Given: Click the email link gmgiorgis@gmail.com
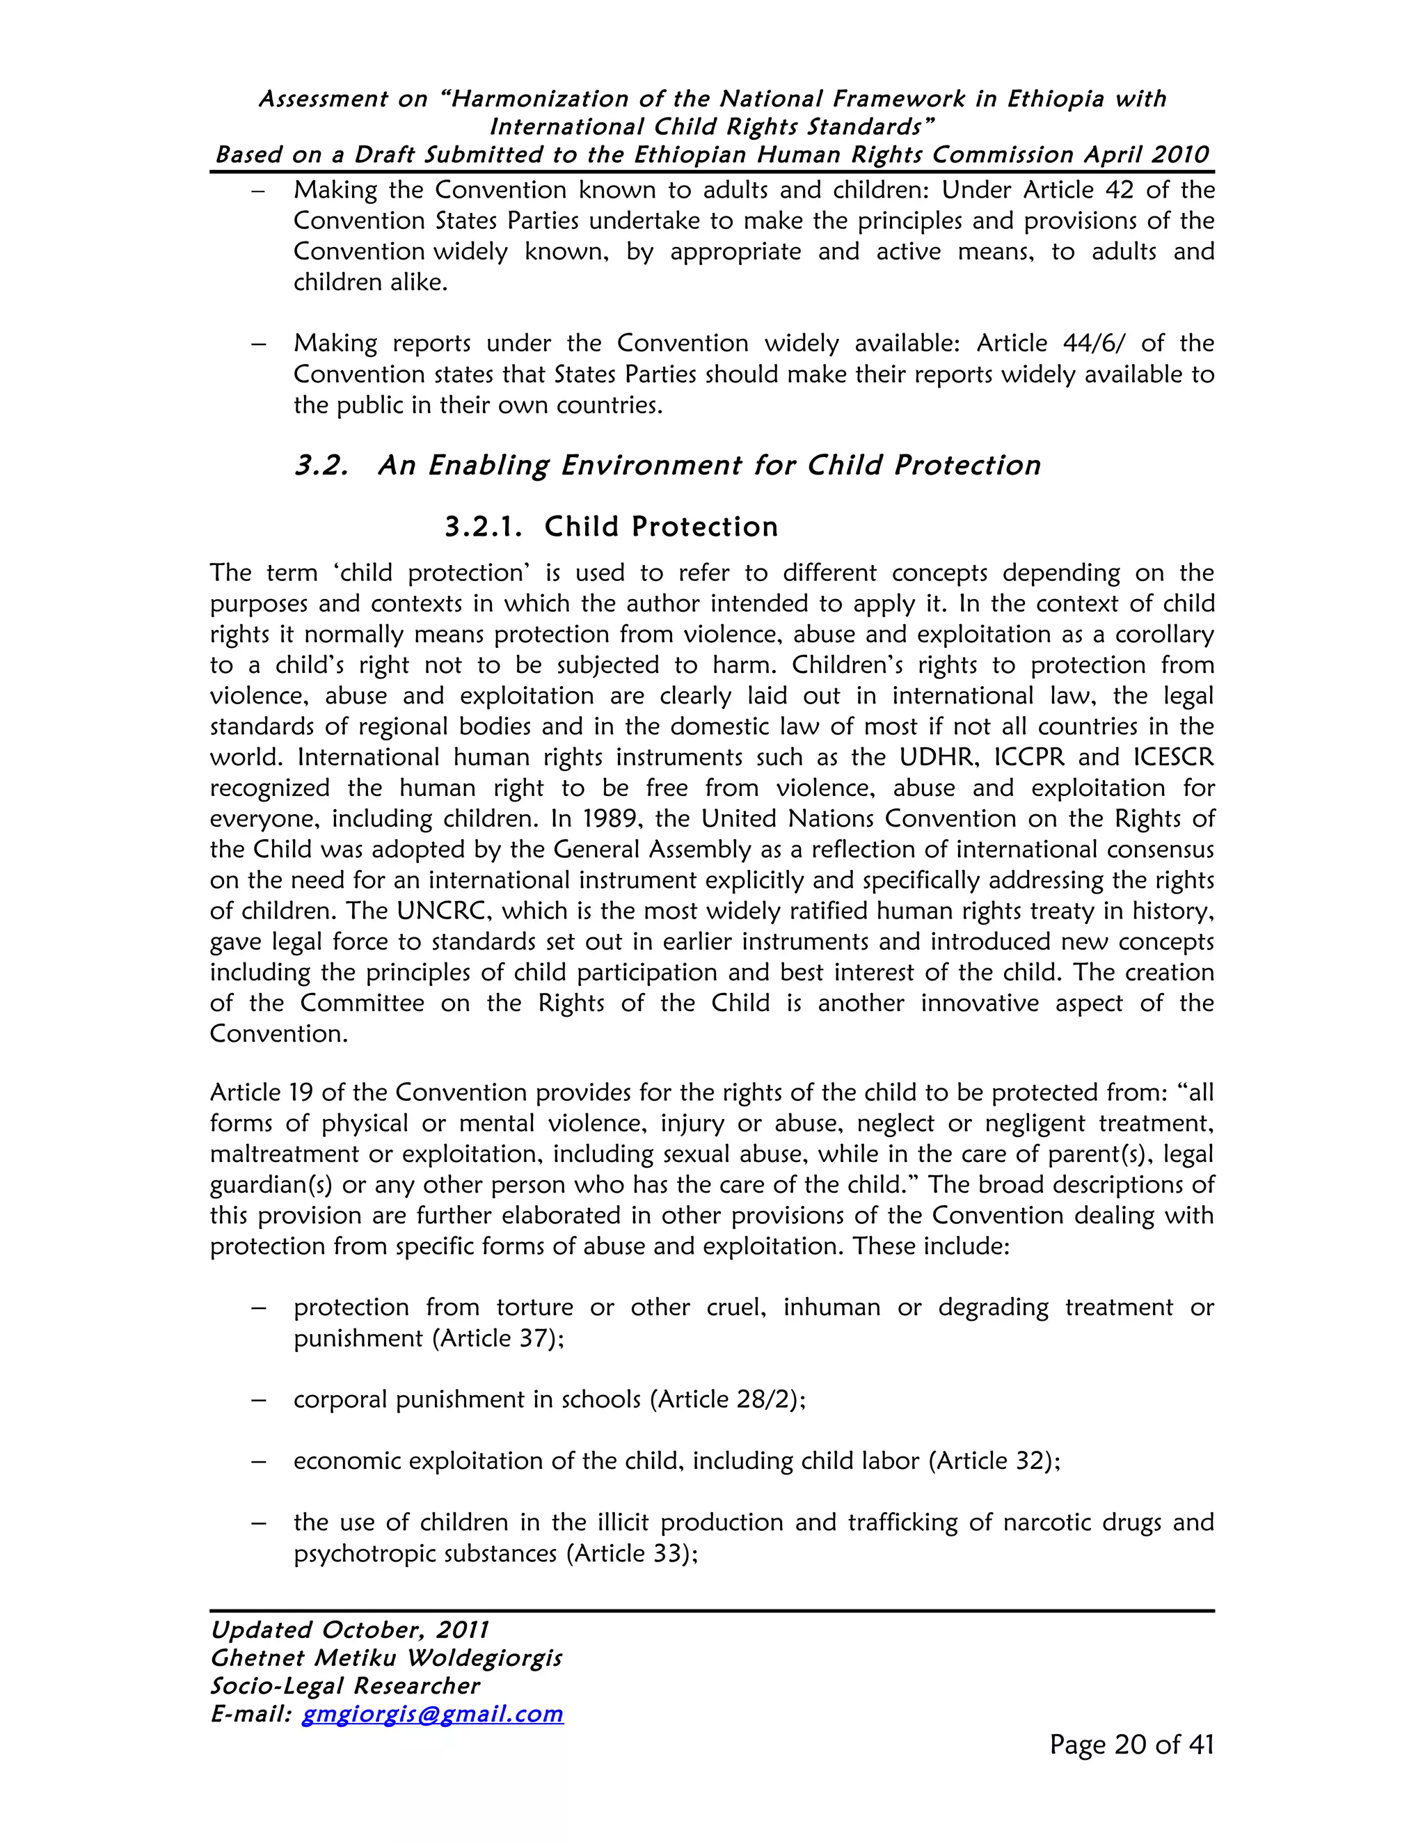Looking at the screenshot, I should coord(432,1714).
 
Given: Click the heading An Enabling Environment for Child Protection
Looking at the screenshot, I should coord(709,466).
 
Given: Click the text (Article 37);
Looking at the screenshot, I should coord(497,1338).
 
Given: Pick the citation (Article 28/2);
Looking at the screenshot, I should coord(728,1400).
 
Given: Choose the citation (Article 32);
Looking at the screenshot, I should coord(994,1461).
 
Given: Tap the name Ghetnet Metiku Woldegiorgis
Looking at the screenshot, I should coord(385,1658).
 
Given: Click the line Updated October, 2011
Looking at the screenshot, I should coord(349,1630).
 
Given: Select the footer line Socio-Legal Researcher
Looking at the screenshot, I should coord(344,1686).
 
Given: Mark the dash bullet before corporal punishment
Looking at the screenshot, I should coord(259,1400).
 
